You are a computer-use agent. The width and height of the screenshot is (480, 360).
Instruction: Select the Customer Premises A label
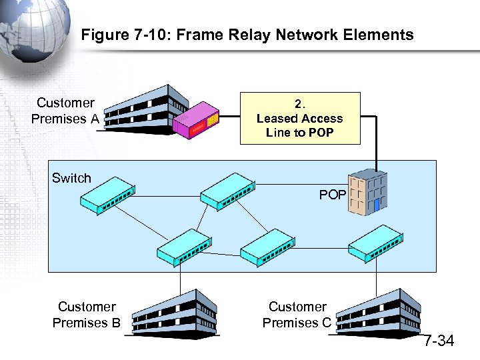(x=65, y=111)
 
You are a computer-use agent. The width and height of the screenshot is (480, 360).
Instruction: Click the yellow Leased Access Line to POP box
(x=300, y=119)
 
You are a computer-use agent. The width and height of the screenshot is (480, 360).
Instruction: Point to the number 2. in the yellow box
(x=300, y=104)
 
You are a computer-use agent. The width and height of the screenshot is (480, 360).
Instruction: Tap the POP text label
(x=332, y=195)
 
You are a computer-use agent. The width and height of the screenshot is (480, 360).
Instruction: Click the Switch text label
(x=71, y=178)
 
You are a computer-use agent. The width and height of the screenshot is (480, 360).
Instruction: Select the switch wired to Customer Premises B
(x=183, y=247)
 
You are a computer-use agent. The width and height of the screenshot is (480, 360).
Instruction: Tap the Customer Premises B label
(x=87, y=315)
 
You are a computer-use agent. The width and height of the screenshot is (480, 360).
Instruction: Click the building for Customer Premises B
(x=175, y=314)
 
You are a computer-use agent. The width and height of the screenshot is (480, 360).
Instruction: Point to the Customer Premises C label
(x=297, y=315)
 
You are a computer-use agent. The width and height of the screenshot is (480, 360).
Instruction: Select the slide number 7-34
(x=439, y=341)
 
